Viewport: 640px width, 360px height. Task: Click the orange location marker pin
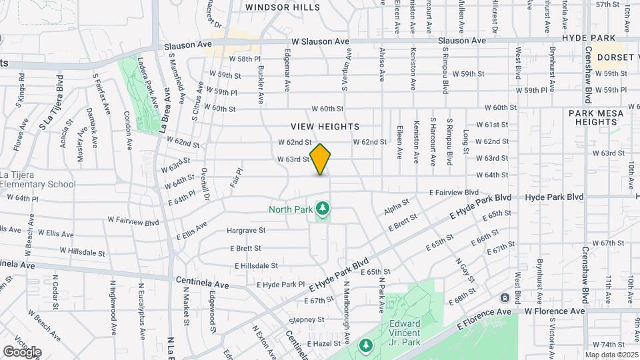(x=320, y=159)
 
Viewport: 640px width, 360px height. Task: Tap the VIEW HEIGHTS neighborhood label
(x=325, y=126)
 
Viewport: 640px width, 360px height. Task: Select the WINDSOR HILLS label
(x=282, y=7)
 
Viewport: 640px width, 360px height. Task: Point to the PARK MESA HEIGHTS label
(x=596, y=117)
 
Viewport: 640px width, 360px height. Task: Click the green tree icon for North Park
(x=323, y=209)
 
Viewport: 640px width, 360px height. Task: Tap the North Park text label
(x=291, y=209)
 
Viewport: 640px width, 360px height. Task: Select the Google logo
(x=22, y=351)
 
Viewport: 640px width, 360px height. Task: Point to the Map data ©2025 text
(x=611, y=354)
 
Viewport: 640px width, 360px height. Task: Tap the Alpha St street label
(x=396, y=210)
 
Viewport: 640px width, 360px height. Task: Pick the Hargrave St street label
(x=246, y=230)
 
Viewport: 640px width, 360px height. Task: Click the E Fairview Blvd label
(x=454, y=192)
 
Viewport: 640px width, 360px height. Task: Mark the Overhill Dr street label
(x=206, y=185)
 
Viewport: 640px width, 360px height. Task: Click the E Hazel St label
(x=324, y=343)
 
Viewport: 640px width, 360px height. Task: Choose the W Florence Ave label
(x=554, y=311)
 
